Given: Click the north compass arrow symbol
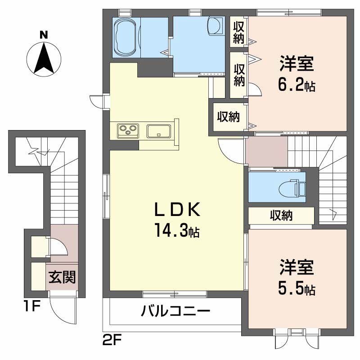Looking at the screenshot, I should coord(44,57).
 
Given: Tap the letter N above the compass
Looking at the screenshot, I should coord(44,34).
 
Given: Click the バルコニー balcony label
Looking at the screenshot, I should coord(175,311).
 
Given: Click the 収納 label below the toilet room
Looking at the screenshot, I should coord(281,216).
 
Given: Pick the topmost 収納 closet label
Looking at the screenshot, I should coord(238,32).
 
